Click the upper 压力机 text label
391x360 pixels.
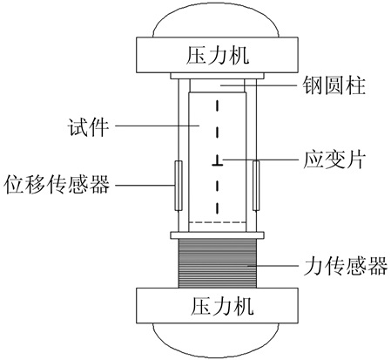(x=218, y=56)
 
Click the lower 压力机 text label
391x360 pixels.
(x=222, y=307)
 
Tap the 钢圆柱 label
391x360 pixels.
(x=334, y=85)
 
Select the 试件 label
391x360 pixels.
(x=88, y=127)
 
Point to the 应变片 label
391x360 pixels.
(x=334, y=160)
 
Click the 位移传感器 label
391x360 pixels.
(x=57, y=184)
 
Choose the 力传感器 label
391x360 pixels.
(x=345, y=265)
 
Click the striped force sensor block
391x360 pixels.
(x=218, y=263)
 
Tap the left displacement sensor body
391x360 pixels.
(x=179, y=186)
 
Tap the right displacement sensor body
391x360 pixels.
(x=256, y=186)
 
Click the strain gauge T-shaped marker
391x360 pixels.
(x=217, y=161)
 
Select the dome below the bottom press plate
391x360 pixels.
(x=217, y=338)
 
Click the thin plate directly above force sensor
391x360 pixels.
(x=218, y=235)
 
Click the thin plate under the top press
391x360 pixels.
(x=218, y=76)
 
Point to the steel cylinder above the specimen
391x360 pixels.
(x=218, y=85)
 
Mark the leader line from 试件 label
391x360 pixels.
(x=157, y=126)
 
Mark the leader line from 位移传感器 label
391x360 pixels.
(x=145, y=185)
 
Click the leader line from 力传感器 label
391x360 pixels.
(x=273, y=265)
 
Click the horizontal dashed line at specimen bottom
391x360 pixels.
(x=218, y=222)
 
